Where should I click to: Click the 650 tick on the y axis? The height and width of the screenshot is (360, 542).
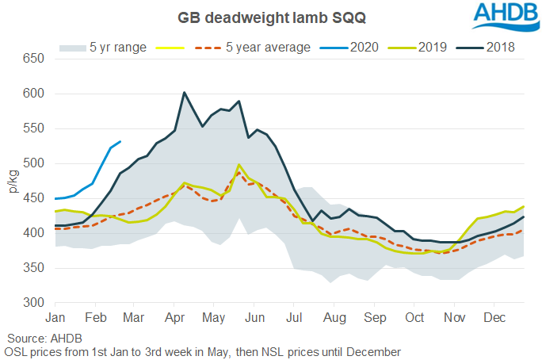34,59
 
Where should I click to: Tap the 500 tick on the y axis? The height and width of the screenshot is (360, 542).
34,163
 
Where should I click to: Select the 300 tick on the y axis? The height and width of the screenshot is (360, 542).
34,303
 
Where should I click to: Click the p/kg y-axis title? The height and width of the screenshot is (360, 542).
14,182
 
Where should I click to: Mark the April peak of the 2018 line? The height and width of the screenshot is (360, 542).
184,93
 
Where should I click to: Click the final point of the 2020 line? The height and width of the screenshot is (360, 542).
120,142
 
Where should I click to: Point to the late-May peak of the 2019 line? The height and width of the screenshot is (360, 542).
239,165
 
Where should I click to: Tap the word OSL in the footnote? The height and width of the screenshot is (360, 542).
17,350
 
